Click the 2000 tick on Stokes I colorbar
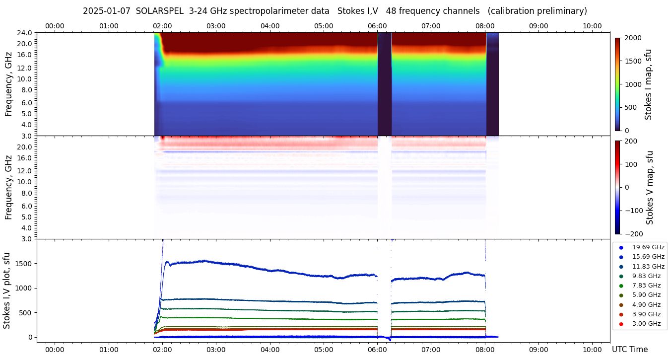632,38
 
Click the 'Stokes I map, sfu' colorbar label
648,84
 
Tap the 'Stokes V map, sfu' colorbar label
650,187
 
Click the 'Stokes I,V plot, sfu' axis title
7,290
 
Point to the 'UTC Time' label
629,350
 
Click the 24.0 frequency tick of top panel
25,33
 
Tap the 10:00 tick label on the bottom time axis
592,350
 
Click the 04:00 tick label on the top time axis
269,26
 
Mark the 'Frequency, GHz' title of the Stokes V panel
9,187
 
